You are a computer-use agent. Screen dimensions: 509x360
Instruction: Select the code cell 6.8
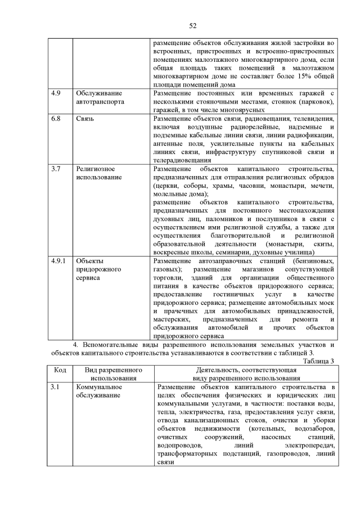[x=54, y=119]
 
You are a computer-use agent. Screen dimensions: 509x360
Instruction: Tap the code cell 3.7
[x=54, y=169]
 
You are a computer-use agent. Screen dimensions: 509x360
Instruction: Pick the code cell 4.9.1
[x=57, y=261]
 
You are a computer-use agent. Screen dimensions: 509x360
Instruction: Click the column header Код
[x=60, y=371]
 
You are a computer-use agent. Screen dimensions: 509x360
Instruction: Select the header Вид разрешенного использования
[x=113, y=375]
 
